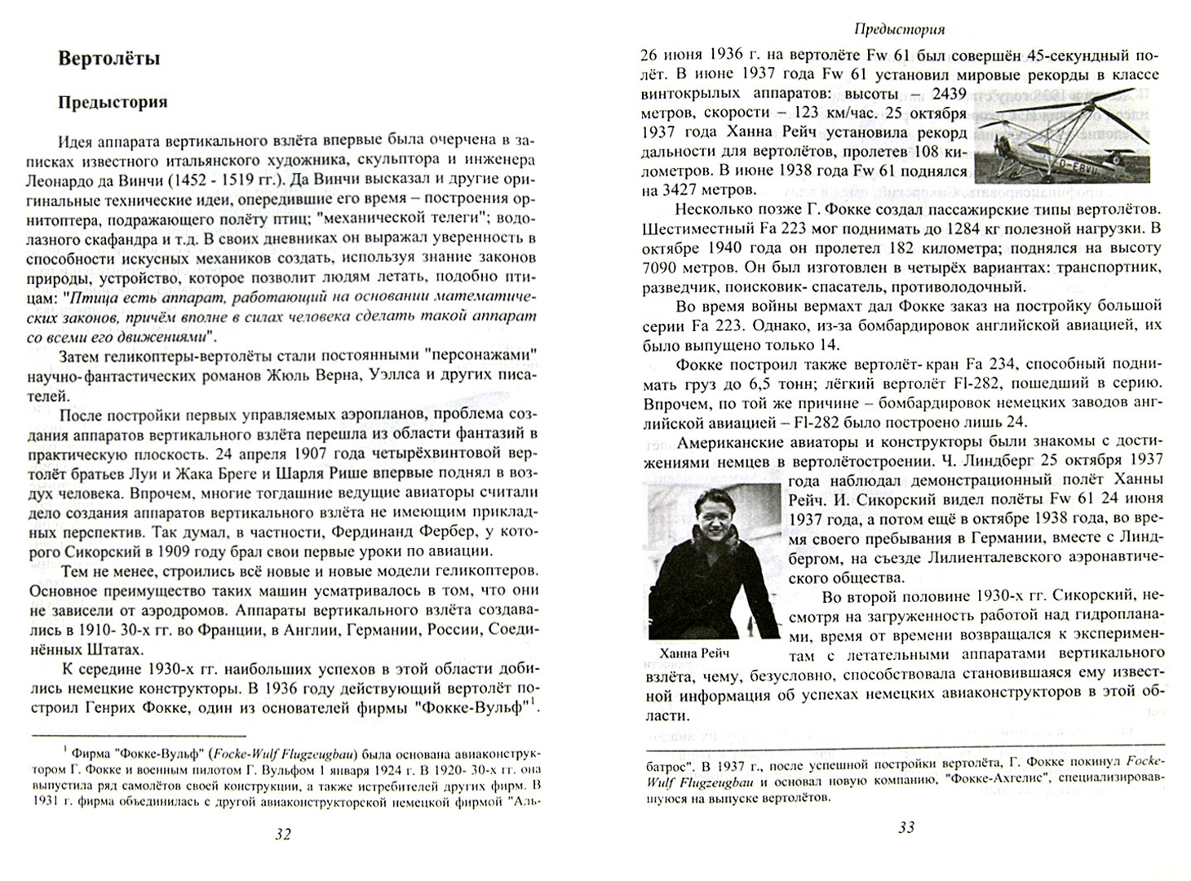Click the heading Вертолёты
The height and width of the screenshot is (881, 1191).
(x=109, y=59)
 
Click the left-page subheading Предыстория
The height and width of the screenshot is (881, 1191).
(x=113, y=102)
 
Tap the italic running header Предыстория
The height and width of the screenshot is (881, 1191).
(x=899, y=29)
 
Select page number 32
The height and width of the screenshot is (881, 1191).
(x=283, y=834)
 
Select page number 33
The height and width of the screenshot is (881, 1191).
(x=905, y=827)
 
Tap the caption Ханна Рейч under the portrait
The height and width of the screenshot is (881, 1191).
(x=692, y=653)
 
